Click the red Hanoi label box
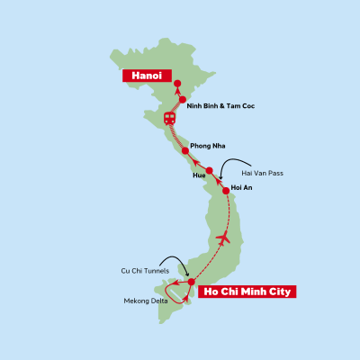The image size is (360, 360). point(148,76)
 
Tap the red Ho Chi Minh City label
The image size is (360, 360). point(247,292)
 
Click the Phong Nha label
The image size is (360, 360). point(207,145)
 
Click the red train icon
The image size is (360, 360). point(169,118)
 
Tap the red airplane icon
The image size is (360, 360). point(223,239)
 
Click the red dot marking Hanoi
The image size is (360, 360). point(177,84)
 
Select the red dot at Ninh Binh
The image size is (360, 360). point(183,100)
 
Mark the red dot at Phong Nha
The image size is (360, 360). point(185,151)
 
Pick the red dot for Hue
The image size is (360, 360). point(209,171)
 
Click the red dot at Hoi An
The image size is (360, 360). point(226,190)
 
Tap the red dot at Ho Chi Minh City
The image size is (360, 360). point(192,282)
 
